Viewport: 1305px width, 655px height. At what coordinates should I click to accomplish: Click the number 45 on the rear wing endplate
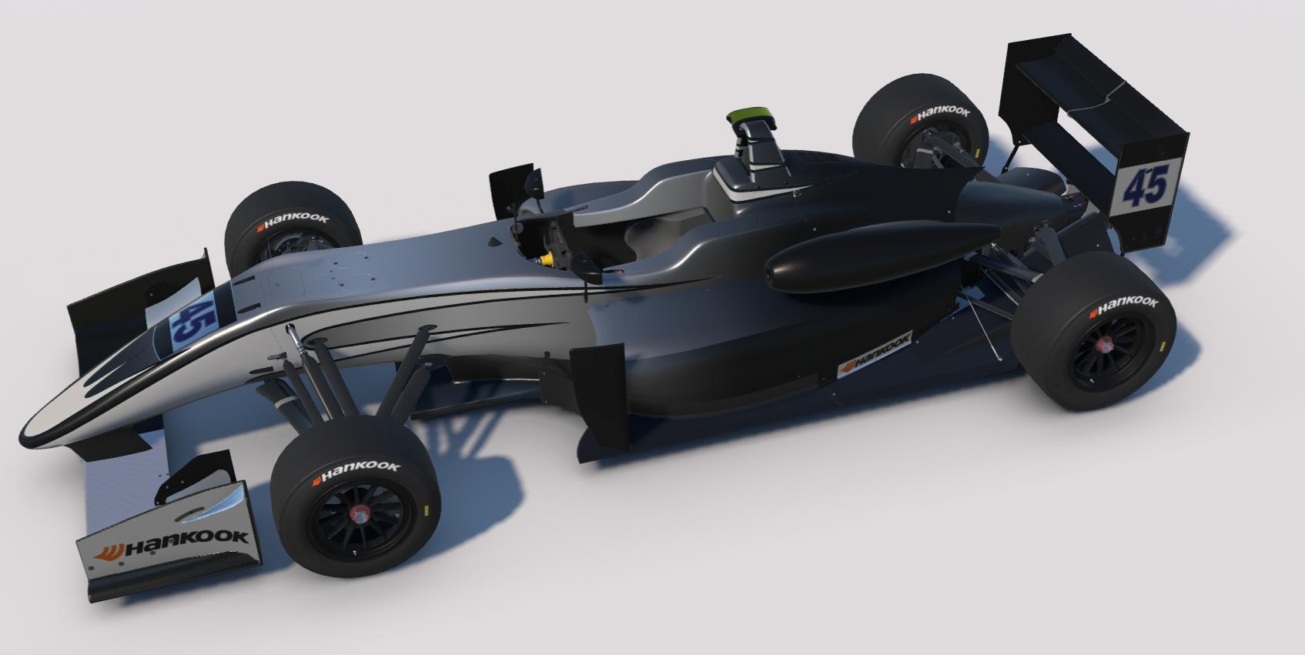(x=1146, y=185)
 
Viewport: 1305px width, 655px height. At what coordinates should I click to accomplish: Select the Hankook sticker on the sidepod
(x=875, y=355)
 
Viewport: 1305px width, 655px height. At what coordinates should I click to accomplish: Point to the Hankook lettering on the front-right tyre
(x=356, y=471)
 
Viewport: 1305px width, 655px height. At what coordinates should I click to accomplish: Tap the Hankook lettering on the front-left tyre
(x=293, y=221)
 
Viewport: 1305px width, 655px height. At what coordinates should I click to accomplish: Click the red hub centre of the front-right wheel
(x=359, y=513)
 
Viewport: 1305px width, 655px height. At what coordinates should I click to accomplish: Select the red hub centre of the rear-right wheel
(x=1103, y=345)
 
